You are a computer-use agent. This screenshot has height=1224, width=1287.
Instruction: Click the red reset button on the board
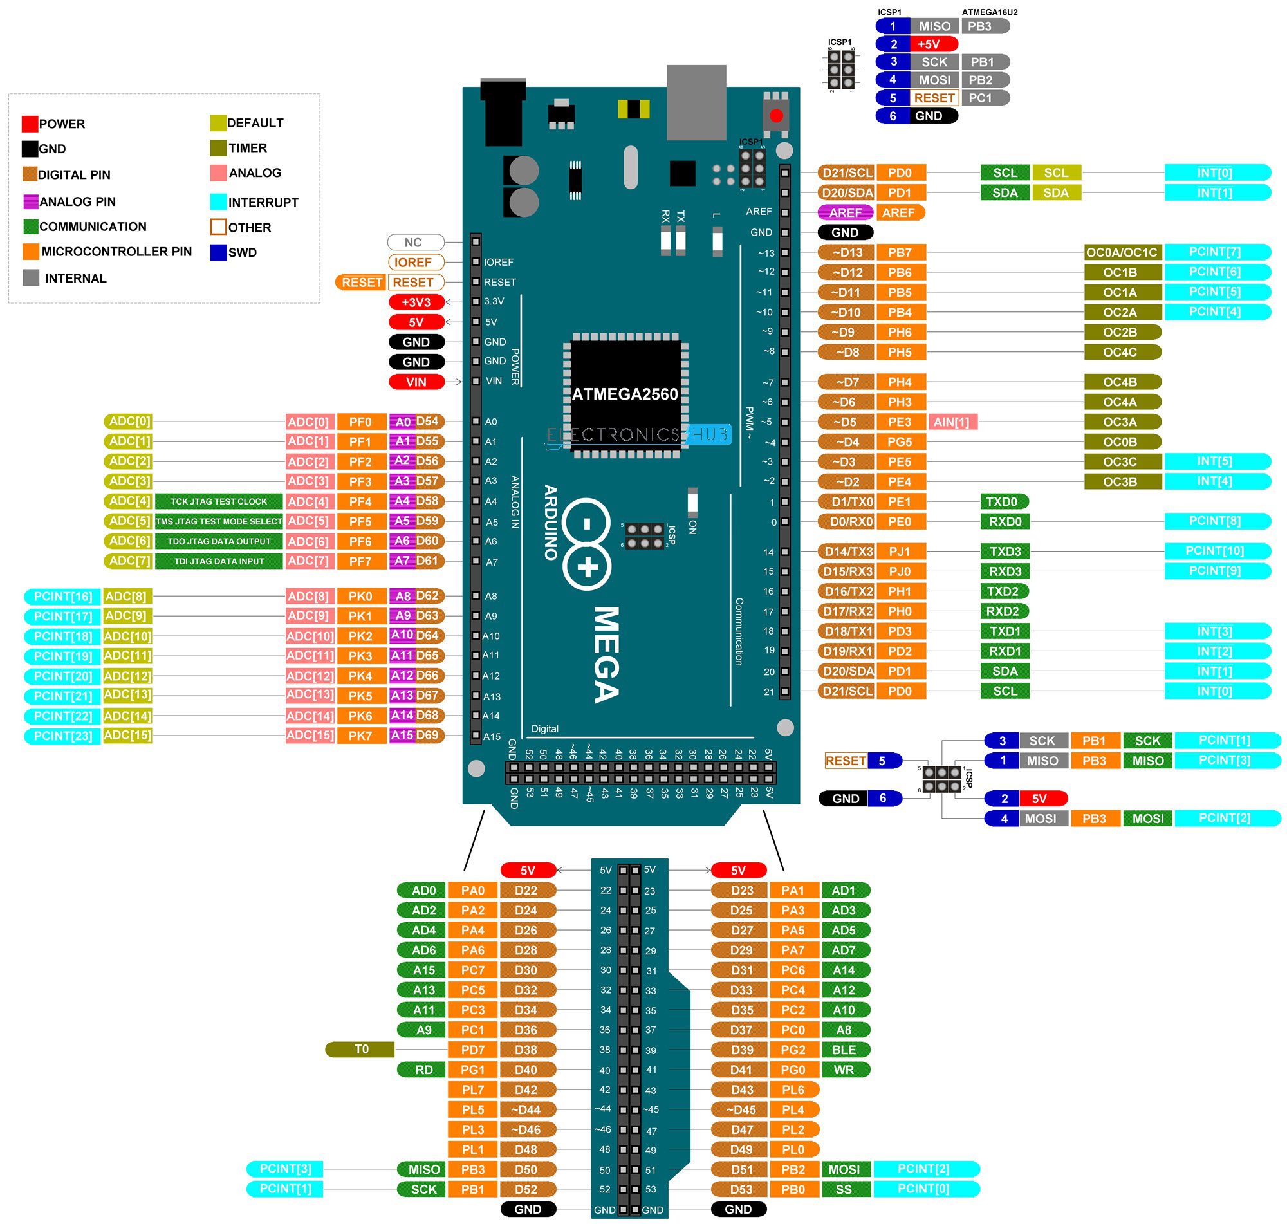pyautogui.click(x=775, y=116)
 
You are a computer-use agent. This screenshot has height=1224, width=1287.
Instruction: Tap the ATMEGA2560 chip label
pyautogui.click(x=624, y=394)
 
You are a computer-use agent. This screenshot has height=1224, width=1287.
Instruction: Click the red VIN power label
pyautogui.click(x=416, y=382)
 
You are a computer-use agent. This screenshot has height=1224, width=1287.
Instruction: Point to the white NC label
pyautogui.click(x=415, y=242)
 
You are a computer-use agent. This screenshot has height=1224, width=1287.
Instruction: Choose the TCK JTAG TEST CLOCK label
pyautogui.click(x=219, y=501)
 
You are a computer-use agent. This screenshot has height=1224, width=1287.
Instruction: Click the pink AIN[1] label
pyautogui.click(x=952, y=422)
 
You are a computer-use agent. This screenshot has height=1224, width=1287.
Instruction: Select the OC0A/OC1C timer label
pyautogui.click(x=1122, y=252)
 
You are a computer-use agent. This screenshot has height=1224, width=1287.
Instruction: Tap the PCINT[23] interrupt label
pyautogui.click(x=62, y=736)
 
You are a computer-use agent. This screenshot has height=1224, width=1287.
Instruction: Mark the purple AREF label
pyautogui.click(x=845, y=212)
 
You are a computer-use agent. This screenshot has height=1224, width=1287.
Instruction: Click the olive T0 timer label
pyautogui.click(x=361, y=1048)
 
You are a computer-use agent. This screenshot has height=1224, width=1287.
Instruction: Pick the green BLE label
pyautogui.click(x=844, y=1049)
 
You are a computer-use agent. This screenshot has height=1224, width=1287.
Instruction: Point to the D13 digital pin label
pyautogui.click(x=846, y=252)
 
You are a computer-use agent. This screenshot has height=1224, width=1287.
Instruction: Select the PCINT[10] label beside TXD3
pyautogui.click(x=1215, y=551)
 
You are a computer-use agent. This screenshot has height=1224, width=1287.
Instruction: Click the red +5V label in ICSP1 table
pyautogui.click(x=927, y=44)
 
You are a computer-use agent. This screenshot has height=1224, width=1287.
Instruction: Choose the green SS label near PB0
pyautogui.click(x=844, y=1189)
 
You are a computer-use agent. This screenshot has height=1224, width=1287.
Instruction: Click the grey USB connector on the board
pyautogui.click(x=696, y=102)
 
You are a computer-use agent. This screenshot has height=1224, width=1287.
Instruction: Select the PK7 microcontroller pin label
pyautogui.click(x=360, y=736)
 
